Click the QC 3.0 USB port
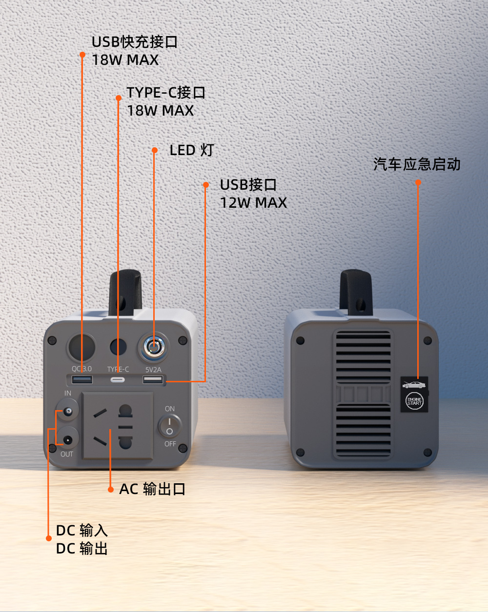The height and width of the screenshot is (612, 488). pos(82,379)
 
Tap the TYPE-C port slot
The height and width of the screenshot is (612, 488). pos(118,380)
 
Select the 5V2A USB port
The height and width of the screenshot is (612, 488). pos(153,379)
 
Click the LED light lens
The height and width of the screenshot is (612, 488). pos(153,347)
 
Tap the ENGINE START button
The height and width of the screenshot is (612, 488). pos(414,401)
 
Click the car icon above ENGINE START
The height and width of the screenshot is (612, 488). pos(414,384)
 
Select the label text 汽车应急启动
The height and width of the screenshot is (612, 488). pos(417,164)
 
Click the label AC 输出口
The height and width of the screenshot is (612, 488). pos(152,489)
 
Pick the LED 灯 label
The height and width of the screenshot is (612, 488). pos(192,150)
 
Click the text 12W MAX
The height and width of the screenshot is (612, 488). pos(253,203)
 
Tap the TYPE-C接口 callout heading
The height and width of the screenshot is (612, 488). pos(166,92)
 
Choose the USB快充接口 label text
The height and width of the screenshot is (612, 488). pos(135,42)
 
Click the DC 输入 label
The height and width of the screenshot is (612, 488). pos(82,531)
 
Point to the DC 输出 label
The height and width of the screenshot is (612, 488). pos(82,549)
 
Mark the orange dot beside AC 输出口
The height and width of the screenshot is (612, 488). pos(111,489)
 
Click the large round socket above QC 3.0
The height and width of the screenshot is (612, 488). pos(81,348)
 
